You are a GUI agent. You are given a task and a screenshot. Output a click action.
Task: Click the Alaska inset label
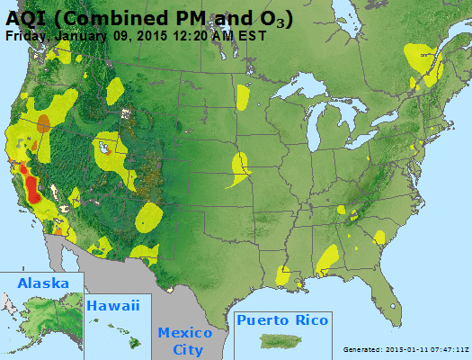pyautogui.click(x=42, y=283)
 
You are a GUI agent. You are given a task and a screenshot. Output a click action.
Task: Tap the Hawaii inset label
pyautogui.click(x=113, y=306)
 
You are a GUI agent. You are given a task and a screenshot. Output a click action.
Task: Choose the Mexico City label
pyautogui.click(x=187, y=340)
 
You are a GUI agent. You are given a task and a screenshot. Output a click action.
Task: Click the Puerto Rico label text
pyautogui.click(x=282, y=320)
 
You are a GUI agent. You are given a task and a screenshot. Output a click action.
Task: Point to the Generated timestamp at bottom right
pyautogui.click(x=406, y=349)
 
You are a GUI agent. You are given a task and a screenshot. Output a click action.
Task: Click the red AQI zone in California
pyautogui.click(x=32, y=189)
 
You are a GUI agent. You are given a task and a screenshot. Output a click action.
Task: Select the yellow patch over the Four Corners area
pyautogui.click(x=149, y=216)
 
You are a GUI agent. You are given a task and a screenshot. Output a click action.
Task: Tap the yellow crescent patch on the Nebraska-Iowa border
pyautogui.click(x=240, y=168)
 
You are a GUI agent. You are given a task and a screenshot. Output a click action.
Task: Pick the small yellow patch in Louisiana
pyautogui.click(x=283, y=274)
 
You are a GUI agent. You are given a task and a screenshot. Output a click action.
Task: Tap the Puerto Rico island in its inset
pyautogui.click(x=281, y=341)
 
